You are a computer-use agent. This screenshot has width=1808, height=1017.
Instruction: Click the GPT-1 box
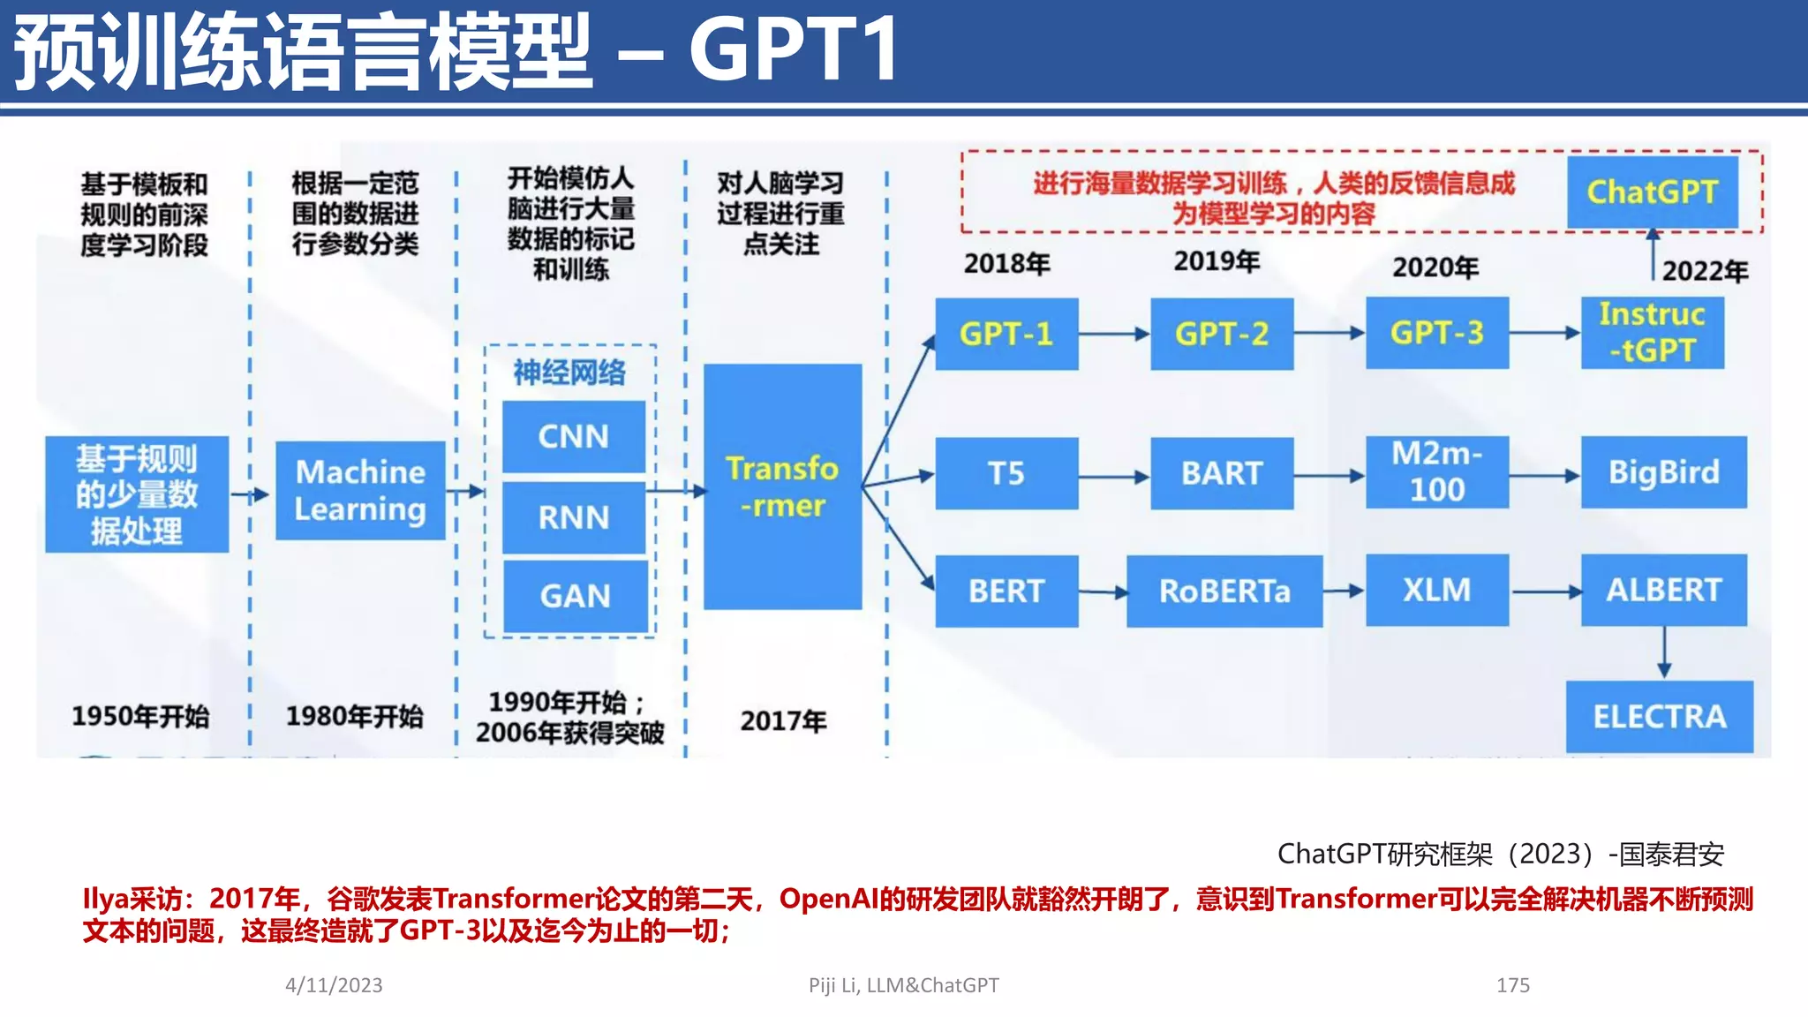1006,334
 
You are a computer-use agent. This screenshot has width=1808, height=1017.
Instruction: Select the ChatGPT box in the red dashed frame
1652,192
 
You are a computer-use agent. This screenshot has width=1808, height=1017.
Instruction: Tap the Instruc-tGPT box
1652,333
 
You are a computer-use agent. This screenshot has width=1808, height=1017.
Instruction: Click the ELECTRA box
1659,716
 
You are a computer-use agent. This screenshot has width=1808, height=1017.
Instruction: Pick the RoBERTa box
1224,591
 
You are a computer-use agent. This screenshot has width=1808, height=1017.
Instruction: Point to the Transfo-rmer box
782,486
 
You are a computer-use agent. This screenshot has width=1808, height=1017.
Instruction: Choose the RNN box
574,517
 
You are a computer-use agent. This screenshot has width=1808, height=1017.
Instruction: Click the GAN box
575,596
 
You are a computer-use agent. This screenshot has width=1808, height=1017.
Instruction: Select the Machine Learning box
360,490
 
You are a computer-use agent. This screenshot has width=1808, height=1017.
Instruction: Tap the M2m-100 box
1436,471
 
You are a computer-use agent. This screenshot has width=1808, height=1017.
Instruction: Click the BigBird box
1663,471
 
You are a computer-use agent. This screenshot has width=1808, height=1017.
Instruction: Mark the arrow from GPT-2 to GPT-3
1330,334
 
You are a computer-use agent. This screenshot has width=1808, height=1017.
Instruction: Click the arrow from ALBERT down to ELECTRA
1664,652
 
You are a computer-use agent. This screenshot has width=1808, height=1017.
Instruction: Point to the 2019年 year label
1217,261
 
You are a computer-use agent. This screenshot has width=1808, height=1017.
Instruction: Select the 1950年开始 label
140,716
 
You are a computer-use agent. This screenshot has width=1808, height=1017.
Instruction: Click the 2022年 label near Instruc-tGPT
1705,271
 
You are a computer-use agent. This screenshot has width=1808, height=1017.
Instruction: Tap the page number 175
1512,985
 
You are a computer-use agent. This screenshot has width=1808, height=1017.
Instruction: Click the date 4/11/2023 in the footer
334,985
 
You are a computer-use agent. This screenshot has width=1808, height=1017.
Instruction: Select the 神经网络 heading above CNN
569,373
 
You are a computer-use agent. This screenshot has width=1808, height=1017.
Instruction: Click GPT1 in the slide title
794,50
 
